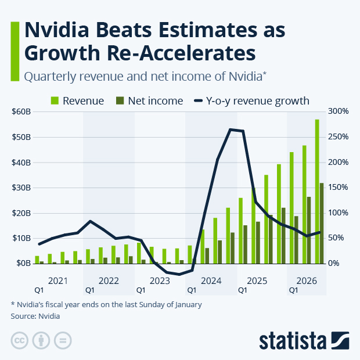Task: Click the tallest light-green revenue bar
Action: (x=317, y=192)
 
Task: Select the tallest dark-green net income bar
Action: (x=322, y=224)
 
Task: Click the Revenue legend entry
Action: (x=77, y=100)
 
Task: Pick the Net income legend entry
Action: (x=149, y=100)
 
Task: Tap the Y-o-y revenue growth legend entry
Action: (x=250, y=100)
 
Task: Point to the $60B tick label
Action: (x=21, y=111)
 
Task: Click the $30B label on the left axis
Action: (x=21, y=188)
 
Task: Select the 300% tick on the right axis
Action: (x=337, y=111)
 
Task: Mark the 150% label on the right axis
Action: (x=337, y=188)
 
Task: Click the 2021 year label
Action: (x=58, y=281)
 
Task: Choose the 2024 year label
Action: (x=211, y=281)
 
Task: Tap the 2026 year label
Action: (x=306, y=281)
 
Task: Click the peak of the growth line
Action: (x=231, y=129)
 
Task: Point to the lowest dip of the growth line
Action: (x=179, y=274)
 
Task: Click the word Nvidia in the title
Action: (x=57, y=30)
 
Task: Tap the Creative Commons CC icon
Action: (x=20, y=340)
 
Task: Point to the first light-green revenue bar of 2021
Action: (x=37, y=260)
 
